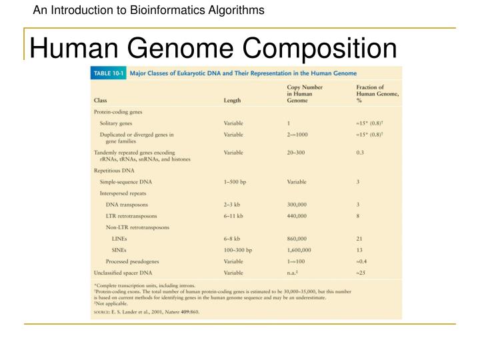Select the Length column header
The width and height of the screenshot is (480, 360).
point(233,101)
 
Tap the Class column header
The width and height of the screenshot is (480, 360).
point(101,101)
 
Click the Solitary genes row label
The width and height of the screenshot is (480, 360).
point(116,123)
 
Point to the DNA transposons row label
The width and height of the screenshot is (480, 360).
point(127,204)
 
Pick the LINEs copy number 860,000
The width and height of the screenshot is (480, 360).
point(297,238)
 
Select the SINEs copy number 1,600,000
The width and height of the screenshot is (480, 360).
point(299,250)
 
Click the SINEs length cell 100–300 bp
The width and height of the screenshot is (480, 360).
point(238,250)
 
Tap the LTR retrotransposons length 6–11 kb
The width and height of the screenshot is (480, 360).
point(234,215)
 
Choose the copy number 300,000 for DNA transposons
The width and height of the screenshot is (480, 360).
point(297,204)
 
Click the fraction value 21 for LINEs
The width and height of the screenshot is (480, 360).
point(360,238)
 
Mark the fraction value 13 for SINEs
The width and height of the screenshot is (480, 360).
point(360,250)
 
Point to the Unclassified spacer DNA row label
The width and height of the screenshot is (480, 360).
point(123,273)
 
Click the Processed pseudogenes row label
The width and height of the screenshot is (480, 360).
point(132,261)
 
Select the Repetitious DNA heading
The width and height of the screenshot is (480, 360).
point(113,170)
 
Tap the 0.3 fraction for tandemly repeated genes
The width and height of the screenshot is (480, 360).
point(361,152)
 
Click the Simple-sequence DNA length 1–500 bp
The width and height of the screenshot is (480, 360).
point(235,181)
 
